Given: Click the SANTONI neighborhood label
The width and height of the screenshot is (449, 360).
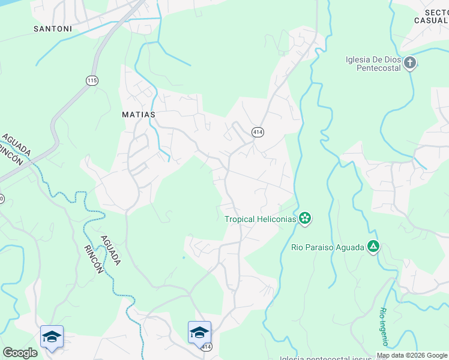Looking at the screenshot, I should pyautogui.click(x=53, y=28).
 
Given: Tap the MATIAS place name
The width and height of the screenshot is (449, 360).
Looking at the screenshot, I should pyautogui.click(x=139, y=114).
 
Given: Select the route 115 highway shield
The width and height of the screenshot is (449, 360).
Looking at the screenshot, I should pyautogui.click(x=92, y=80).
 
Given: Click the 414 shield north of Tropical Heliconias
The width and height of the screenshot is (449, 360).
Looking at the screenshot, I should pyautogui.click(x=258, y=131).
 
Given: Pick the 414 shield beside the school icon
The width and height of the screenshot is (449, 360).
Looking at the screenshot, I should pyautogui.click(x=206, y=347).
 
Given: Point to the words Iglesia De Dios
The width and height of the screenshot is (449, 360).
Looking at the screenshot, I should pyautogui.click(x=373, y=59).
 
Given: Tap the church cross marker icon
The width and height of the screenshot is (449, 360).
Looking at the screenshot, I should pyautogui.click(x=409, y=63).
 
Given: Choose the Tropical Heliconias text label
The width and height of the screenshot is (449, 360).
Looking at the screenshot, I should pyautogui.click(x=261, y=219).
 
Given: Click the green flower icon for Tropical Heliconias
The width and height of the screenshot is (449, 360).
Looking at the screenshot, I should pyautogui.click(x=305, y=218).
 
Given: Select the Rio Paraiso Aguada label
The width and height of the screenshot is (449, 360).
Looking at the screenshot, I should pyautogui.click(x=327, y=247).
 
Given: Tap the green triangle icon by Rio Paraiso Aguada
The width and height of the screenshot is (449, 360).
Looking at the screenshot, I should pyautogui.click(x=373, y=246).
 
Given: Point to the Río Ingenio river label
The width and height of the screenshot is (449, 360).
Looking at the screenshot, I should pyautogui.click(x=383, y=326).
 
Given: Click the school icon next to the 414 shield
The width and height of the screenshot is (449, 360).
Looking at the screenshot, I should pyautogui.click(x=199, y=332).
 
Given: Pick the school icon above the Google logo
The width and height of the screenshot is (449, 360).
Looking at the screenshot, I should pyautogui.click(x=52, y=336).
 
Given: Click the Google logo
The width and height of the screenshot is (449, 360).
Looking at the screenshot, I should pyautogui.click(x=20, y=353).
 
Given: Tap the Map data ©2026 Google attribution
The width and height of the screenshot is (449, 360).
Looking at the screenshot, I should pyautogui.click(x=412, y=355).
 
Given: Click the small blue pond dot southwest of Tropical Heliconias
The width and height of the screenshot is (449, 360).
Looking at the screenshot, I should pyautogui.click(x=184, y=258).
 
